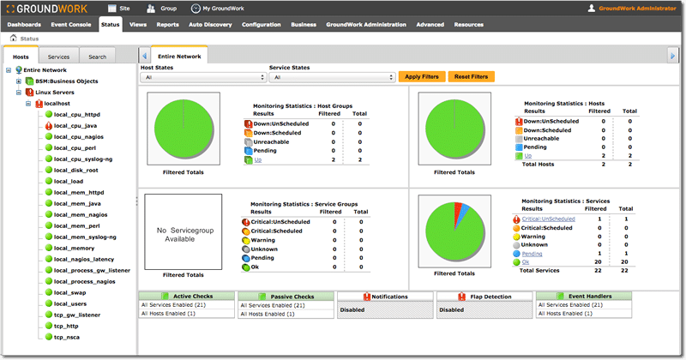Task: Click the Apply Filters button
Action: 422,76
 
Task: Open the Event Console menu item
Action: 71,25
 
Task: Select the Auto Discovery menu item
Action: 210,25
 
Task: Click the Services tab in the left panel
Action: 58,57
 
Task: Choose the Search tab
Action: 97,57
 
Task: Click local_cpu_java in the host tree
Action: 75,125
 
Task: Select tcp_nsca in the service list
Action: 67,337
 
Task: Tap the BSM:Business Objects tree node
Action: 67,81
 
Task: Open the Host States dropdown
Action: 203,77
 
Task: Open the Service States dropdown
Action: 332,77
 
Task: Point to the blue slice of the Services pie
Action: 464,211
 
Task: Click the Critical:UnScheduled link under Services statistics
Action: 548,219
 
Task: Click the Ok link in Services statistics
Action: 526,262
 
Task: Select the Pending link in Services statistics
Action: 532,254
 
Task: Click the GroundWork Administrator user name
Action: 637,9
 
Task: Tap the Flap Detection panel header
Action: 484,297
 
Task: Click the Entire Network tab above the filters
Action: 179,57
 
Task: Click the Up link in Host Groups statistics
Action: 258,160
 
